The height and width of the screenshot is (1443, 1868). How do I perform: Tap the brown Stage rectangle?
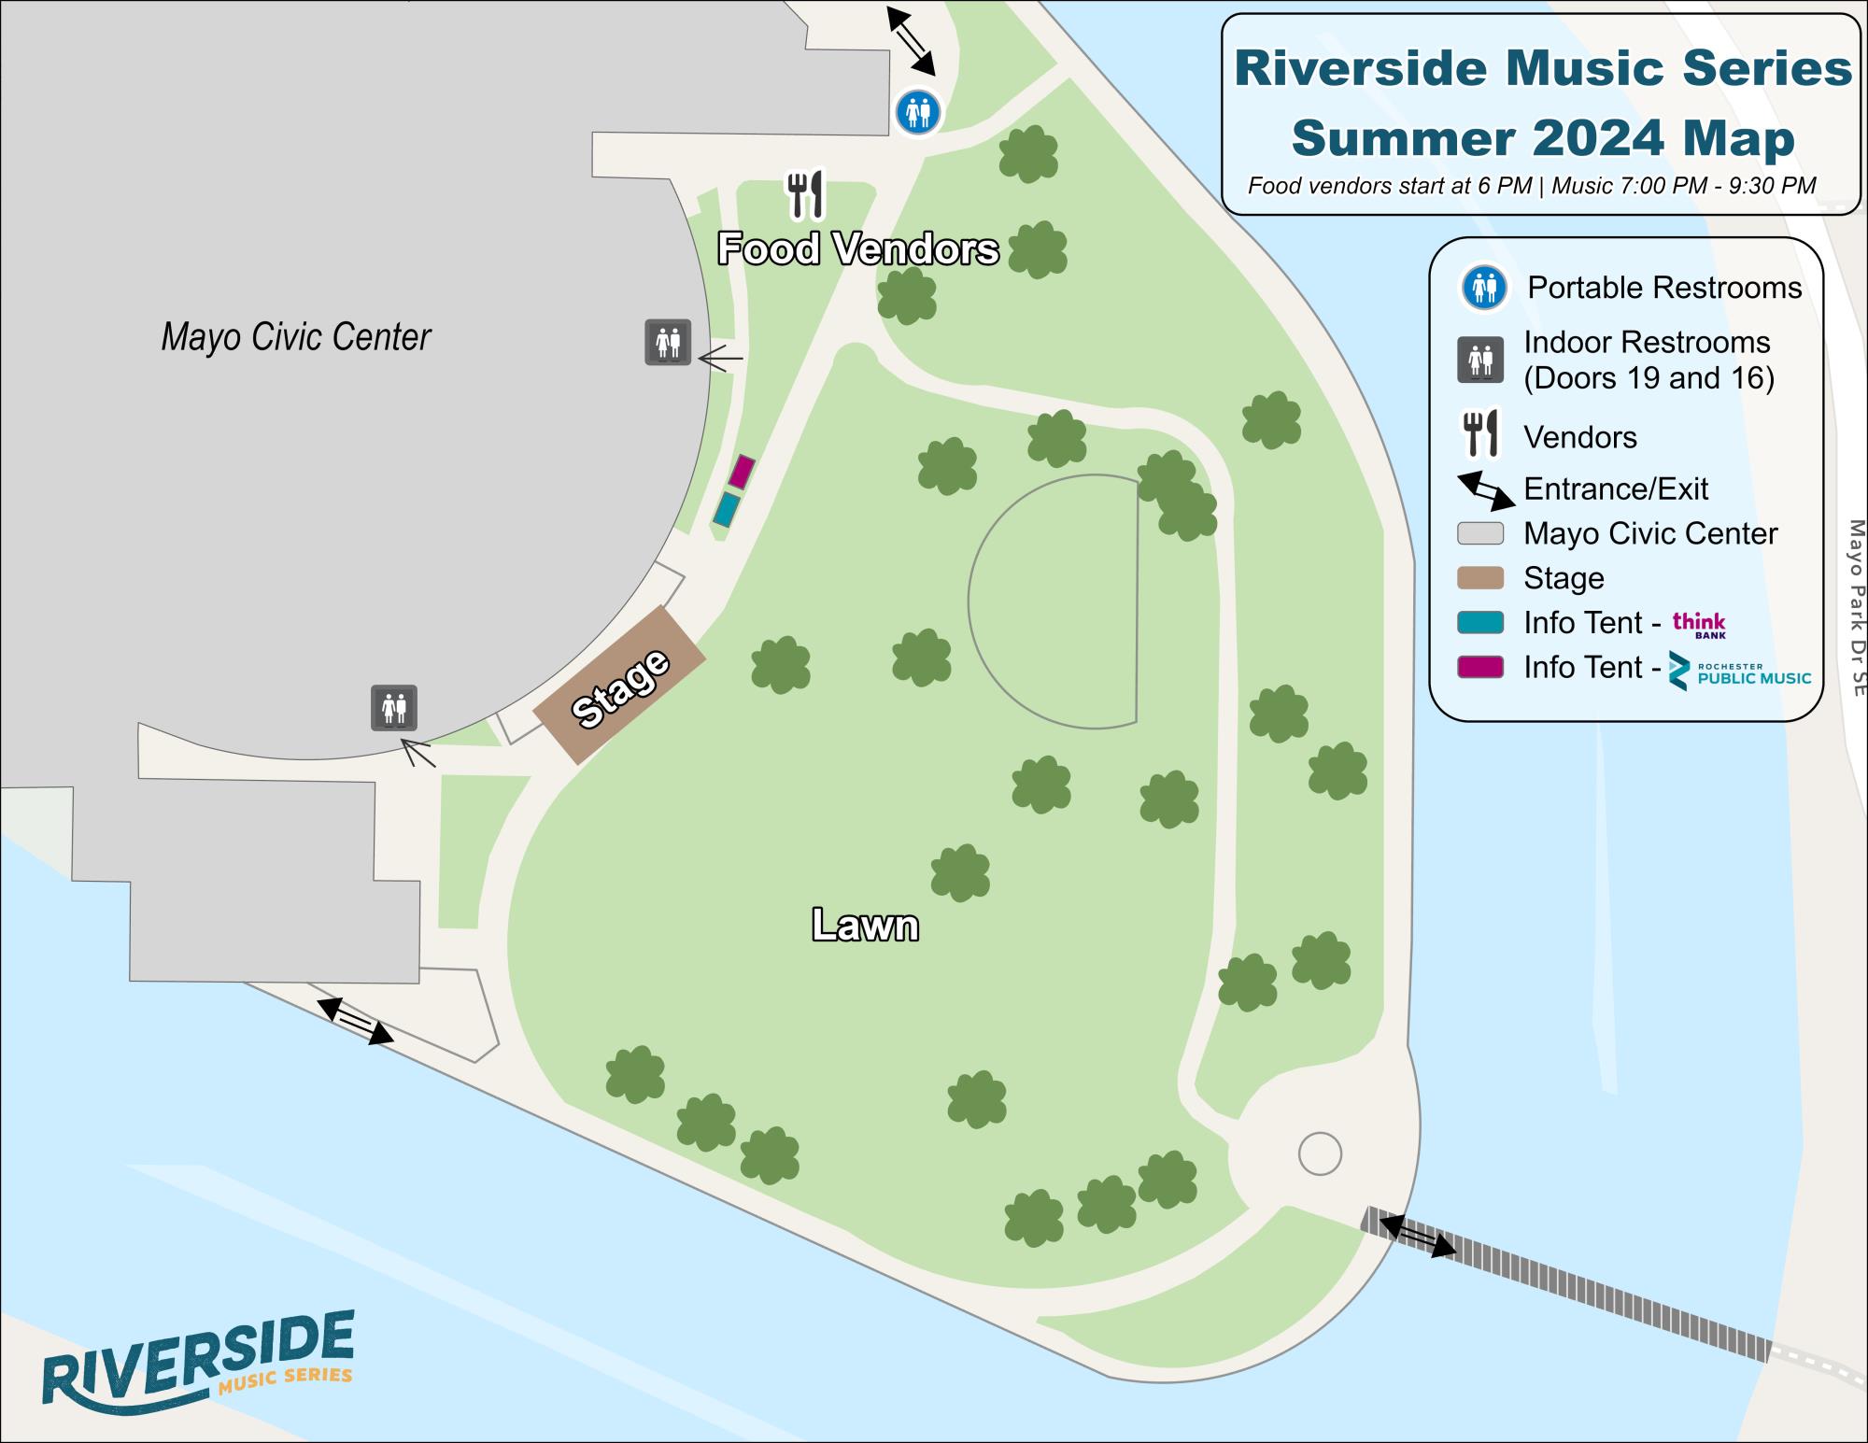click(x=619, y=686)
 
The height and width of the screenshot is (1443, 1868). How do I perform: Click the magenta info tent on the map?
click(x=741, y=472)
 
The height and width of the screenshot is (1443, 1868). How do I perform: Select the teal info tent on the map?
click(x=727, y=510)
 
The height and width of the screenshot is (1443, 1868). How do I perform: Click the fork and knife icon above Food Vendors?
click(x=805, y=194)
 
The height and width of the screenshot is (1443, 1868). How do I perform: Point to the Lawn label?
click(x=865, y=925)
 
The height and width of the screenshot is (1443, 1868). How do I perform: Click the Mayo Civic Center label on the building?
click(x=295, y=337)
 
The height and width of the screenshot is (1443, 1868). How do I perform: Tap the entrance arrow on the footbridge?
click(x=1417, y=1236)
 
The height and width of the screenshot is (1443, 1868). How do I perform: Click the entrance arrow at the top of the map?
click(x=911, y=41)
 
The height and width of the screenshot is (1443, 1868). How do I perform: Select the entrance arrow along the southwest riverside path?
click(x=355, y=1021)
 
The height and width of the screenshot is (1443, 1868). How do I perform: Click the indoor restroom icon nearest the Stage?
click(x=394, y=708)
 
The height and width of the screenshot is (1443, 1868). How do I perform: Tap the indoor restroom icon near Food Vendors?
click(x=668, y=342)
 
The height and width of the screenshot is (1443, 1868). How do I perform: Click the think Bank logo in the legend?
click(x=1699, y=624)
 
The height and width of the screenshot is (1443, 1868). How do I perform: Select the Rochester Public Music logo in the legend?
click(x=1740, y=671)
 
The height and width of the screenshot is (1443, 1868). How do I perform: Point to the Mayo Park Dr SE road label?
click(x=1856, y=607)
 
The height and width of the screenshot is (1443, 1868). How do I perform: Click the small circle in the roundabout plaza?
click(x=1320, y=1154)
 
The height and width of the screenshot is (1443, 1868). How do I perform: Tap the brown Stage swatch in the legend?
click(x=1480, y=578)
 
